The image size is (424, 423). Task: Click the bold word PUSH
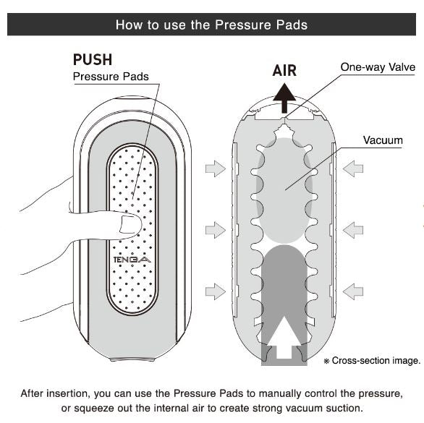click(93, 59)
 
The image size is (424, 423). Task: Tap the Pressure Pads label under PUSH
click(111, 77)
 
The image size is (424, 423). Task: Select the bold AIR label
click(284, 71)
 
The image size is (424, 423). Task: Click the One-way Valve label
click(378, 67)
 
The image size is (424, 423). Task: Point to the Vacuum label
click(383, 140)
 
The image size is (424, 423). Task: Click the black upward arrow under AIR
click(284, 98)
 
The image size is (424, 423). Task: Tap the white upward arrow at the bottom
click(284, 338)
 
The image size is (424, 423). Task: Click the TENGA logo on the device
click(132, 260)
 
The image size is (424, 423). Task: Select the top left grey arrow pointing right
click(216, 168)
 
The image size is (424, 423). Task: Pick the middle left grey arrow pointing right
click(216, 230)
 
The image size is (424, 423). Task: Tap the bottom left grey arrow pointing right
click(216, 291)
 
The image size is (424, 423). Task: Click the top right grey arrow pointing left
click(353, 168)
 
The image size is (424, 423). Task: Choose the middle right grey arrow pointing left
click(353, 230)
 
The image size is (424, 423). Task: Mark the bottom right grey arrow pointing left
click(353, 291)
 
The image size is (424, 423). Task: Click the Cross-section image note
click(372, 361)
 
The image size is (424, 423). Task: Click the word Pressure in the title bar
click(243, 25)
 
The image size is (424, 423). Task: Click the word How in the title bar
click(129, 25)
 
